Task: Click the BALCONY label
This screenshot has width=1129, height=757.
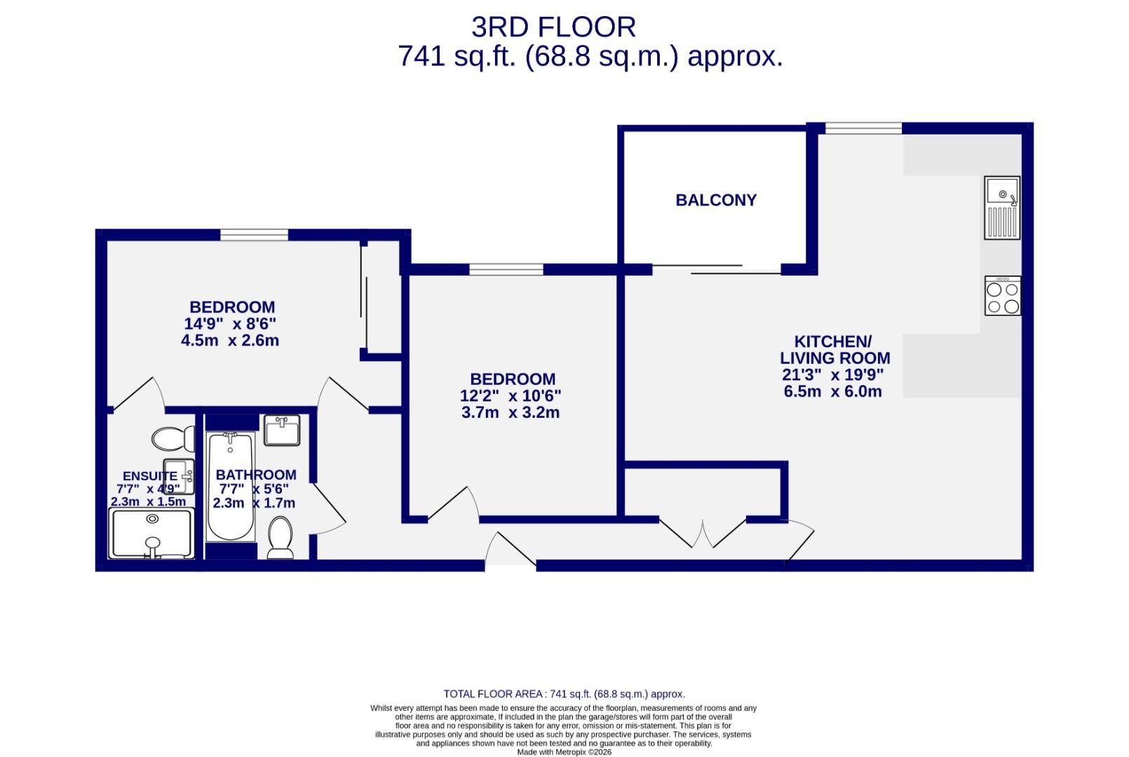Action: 716,200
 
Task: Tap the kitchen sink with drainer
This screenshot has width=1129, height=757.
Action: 1002,207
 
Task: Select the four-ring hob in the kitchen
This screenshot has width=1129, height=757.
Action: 1003,296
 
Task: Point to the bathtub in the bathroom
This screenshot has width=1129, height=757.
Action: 231,487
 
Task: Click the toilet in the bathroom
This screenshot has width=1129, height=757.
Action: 280,538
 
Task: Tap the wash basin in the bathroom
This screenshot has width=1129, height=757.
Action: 282,430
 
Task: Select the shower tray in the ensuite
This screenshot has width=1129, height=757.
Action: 151,533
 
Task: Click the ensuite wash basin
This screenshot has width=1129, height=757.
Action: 178,477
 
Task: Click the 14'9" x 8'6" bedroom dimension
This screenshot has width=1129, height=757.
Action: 230,324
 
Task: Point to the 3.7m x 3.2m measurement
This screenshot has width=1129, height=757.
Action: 511,413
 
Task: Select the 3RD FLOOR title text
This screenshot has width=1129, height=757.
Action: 553,27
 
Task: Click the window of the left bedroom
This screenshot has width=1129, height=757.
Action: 254,235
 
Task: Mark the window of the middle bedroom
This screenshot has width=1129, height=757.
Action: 506,269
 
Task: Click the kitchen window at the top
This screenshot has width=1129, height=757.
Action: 863,128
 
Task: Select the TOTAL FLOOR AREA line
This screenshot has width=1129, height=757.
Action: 564,694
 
